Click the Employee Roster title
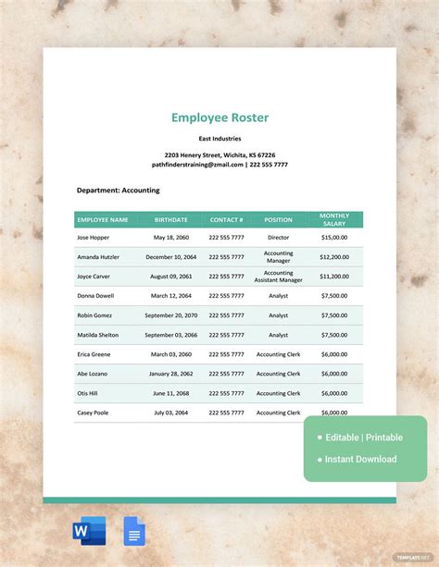[219, 117]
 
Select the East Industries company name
[219, 139]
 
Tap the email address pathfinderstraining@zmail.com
[192, 165]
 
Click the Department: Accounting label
[118, 191]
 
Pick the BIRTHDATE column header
[171, 220]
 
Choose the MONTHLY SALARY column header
[334, 220]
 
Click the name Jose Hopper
[94, 238]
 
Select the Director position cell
[278, 238]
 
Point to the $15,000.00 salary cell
[334, 238]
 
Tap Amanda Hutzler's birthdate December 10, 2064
[171, 257]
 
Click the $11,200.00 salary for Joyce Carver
[334, 277]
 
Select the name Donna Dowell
[95, 296]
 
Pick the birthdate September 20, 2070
[171, 315]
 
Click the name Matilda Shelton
[98, 335]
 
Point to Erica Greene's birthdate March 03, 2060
[171, 354]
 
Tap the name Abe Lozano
[93, 374]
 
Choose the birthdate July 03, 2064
[171, 413]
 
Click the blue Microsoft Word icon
[89, 531]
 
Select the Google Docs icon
[134, 531]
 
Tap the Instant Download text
[361, 459]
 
